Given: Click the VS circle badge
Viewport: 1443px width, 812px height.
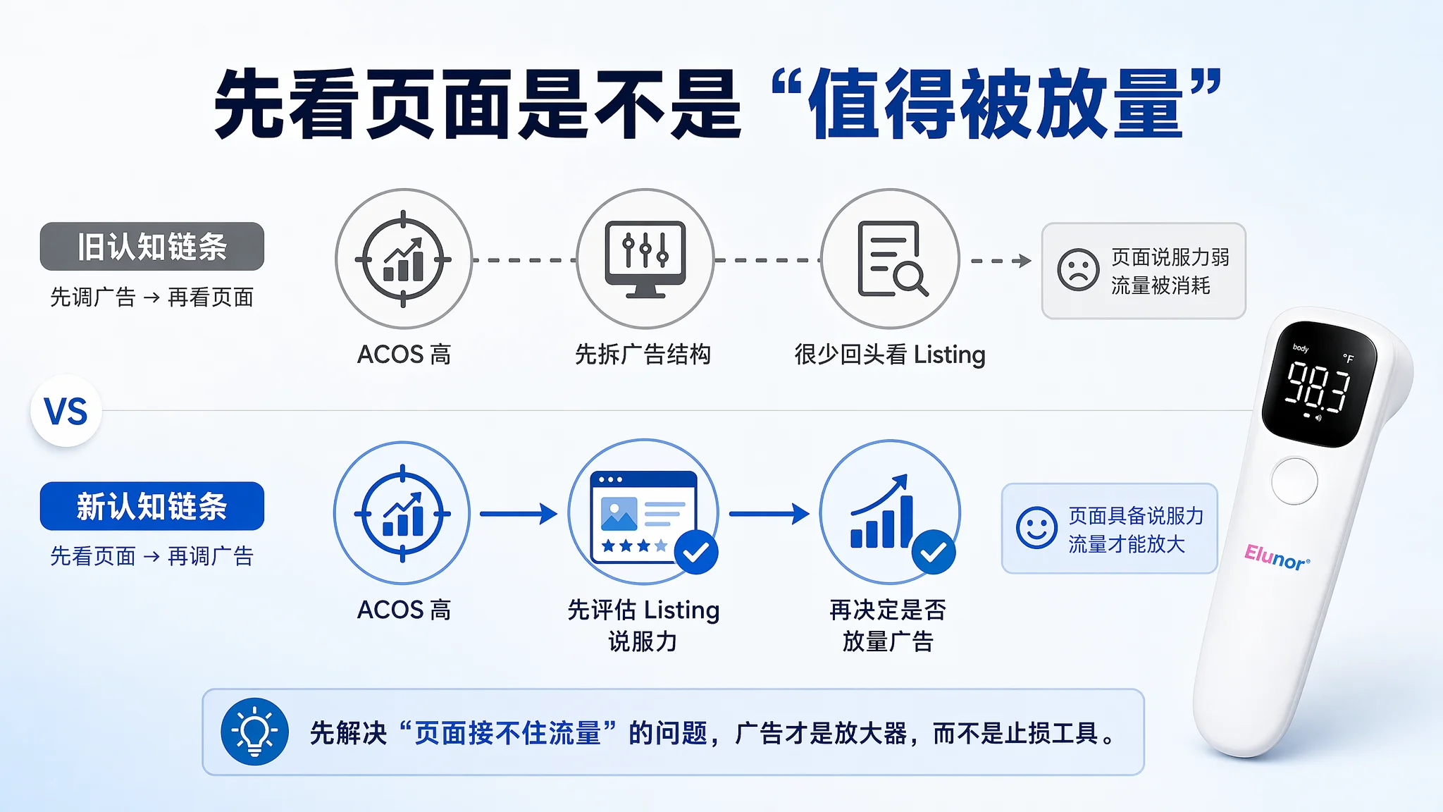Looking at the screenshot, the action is [x=66, y=411].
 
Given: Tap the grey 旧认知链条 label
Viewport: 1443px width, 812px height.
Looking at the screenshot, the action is [x=152, y=247].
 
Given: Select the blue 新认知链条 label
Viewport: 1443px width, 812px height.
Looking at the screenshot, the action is [x=152, y=506].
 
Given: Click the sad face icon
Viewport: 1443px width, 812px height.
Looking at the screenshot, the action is [x=1078, y=269].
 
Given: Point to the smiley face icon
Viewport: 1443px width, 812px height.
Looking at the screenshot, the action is [x=1036, y=527].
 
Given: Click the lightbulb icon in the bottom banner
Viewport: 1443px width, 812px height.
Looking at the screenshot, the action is [x=254, y=732].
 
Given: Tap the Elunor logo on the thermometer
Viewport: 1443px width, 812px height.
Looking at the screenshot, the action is [x=1277, y=558].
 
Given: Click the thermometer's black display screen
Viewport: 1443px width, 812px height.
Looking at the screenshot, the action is [x=1318, y=384].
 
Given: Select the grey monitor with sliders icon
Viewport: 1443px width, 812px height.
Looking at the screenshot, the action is [x=645, y=259].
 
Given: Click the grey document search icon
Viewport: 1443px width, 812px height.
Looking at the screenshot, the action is [x=891, y=259].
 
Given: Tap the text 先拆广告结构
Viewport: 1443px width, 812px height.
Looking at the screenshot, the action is [x=643, y=354].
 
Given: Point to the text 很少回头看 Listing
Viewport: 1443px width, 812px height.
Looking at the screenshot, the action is [x=890, y=355].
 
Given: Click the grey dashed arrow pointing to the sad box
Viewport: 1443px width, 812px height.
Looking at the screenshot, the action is [x=1001, y=261].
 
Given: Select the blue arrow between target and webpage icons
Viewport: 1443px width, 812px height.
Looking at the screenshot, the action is [x=519, y=514].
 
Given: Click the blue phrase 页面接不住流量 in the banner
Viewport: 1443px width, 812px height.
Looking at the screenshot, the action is [x=507, y=733].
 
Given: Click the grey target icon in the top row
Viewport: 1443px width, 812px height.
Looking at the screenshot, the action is [x=403, y=259].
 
